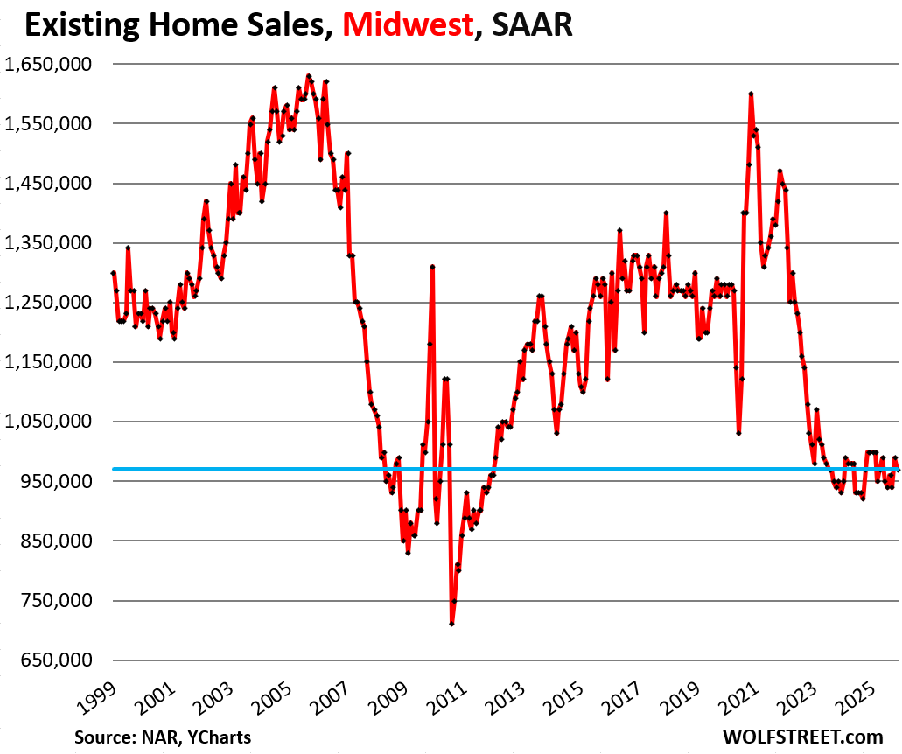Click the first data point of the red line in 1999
[114, 273]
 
